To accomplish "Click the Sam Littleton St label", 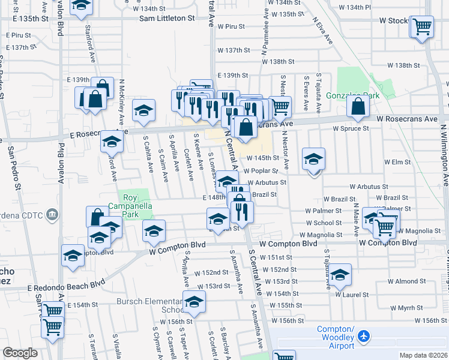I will pos(167,18).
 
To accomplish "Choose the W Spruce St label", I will pos(351,128).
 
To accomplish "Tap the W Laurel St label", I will pos(352,294).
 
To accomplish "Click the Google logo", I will pos(20,353).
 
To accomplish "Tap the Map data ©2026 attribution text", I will pos(423,355).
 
